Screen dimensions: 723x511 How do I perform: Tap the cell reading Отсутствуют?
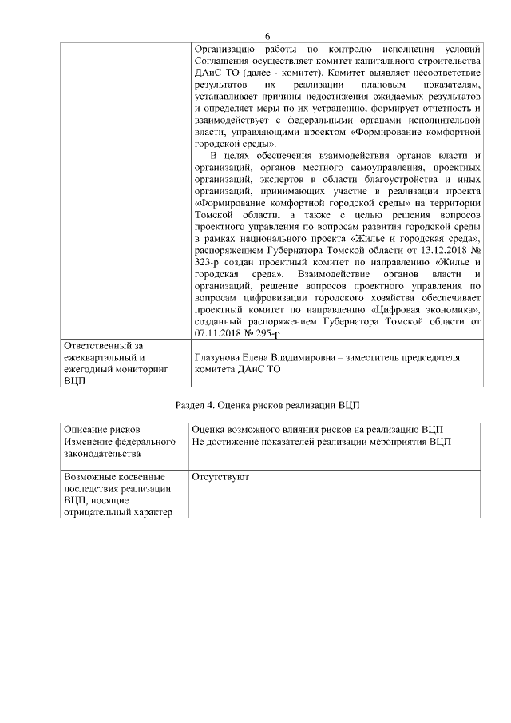click(220, 477)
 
